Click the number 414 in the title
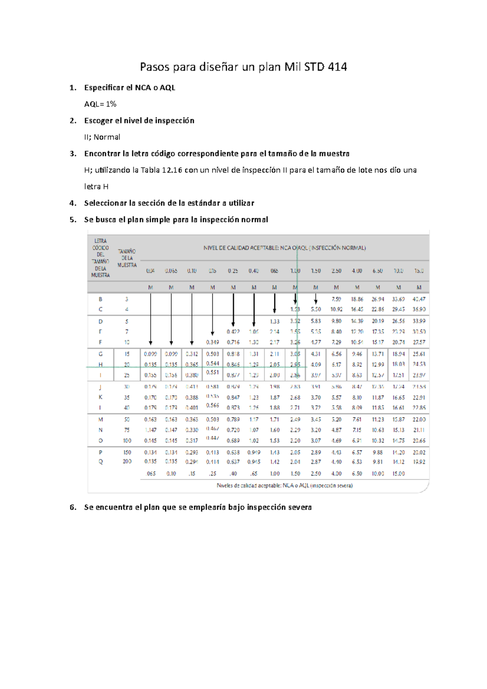(x=337, y=67)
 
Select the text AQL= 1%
(x=100, y=104)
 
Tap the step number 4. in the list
(x=73, y=203)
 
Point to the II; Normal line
(x=102, y=137)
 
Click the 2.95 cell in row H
(x=295, y=364)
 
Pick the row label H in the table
(x=100, y=364)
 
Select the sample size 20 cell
(x=127, y=364)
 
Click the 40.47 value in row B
(x=419, y=299)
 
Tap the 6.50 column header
(x=377, y=271)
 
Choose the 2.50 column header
(x=336, y=271)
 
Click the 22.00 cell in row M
(x=419, y=419)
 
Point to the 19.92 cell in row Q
(x=419, y=462)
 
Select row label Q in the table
(x=100, y=462)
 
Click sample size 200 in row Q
(x=127, y=462)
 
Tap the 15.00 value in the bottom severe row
(x=398, y=474)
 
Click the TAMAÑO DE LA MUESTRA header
(x=127, y=258)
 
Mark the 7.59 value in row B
(x=336, y=299)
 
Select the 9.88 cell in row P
(x=377, y=452)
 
